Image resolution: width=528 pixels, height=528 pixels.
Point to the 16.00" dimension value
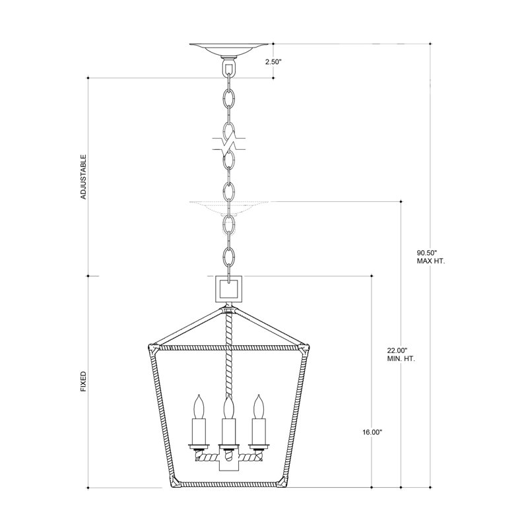372,432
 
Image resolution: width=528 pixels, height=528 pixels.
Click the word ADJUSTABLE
84,178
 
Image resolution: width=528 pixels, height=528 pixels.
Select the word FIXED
84,381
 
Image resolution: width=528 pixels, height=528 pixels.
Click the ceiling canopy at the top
230,49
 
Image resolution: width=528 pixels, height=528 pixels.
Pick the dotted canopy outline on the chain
230,207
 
